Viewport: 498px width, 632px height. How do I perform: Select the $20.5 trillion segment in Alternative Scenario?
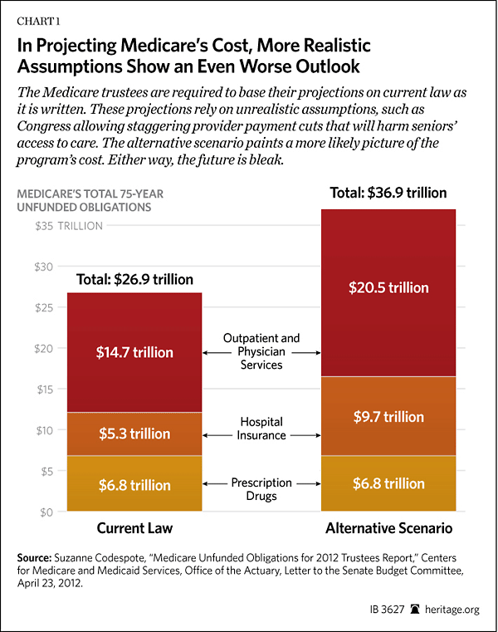point(388,288)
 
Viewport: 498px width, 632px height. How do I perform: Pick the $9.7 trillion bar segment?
point(388,416)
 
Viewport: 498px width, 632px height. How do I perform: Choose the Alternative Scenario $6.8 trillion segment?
point(388,484)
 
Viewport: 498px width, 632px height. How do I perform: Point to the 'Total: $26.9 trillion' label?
point(134,279)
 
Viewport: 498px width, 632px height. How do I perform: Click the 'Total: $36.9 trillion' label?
point(388,193)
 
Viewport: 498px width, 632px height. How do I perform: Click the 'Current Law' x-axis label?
point(134,528)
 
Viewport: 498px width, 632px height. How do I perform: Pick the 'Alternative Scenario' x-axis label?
point(388,528)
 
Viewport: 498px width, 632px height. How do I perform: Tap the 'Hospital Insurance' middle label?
point(261,429)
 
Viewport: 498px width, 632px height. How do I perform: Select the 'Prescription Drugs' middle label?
point(261,489)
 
